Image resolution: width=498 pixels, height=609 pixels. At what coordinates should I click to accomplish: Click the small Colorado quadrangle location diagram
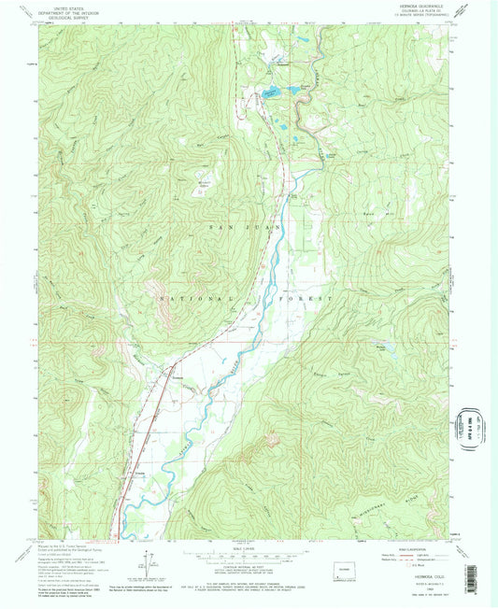[x=337, y=570]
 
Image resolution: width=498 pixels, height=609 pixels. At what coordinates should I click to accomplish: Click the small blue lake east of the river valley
[x=385, y=348]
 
